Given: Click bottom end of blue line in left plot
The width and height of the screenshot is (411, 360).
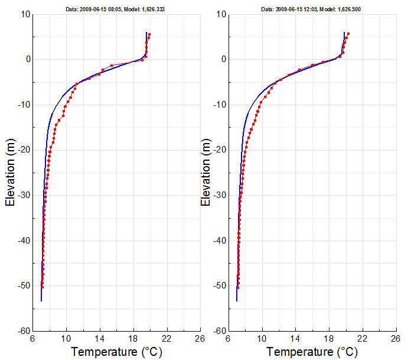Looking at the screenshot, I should (x=41, y=301).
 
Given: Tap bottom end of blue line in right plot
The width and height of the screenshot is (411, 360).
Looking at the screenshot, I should (x=237, y=301).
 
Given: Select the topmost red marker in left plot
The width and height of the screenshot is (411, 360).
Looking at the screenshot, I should (x=149, y=34).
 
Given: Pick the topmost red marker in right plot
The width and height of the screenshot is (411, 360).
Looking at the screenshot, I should (x=348, y=34).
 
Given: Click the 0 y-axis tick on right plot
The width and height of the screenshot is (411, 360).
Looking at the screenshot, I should (x=223, y=59).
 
